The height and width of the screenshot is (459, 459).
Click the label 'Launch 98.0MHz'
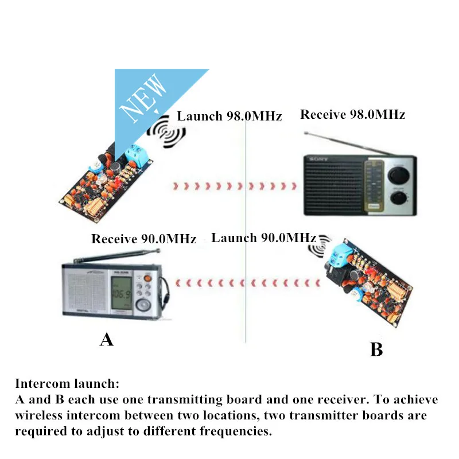tap(229, 116)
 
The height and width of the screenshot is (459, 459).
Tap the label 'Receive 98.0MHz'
tap(353, 114)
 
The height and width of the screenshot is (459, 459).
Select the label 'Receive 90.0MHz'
tap(144, 239)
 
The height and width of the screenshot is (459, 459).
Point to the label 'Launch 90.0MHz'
tap(264, 238)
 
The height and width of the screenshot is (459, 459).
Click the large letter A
tap(107, 340)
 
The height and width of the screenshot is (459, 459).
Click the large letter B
tap(376, 349)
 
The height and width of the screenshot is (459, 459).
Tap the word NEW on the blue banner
tap(143, 98)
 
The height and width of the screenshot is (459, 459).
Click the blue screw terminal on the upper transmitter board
tap(137, 154)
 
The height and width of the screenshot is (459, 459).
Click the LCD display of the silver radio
tap(121, 293)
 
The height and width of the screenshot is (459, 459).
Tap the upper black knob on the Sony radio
tap(398, 175)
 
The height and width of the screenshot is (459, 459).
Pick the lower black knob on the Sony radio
tap(399, 197)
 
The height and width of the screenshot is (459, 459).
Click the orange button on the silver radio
tap(147, 277)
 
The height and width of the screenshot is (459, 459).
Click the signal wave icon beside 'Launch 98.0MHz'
tap(166, 132)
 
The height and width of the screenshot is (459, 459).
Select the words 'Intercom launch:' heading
tap(67, 384)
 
